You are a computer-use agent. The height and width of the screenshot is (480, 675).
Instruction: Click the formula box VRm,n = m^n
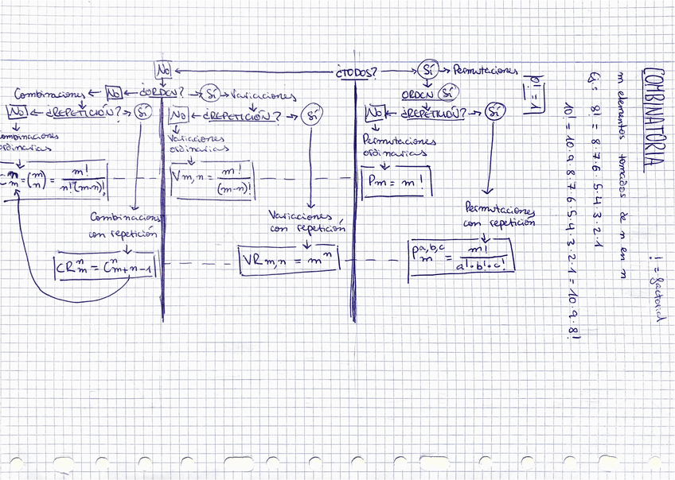point(291,261)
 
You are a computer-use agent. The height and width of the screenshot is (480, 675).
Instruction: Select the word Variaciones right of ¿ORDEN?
point(263,95)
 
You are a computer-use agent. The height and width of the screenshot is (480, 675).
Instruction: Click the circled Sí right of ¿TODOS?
point(428,70)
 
